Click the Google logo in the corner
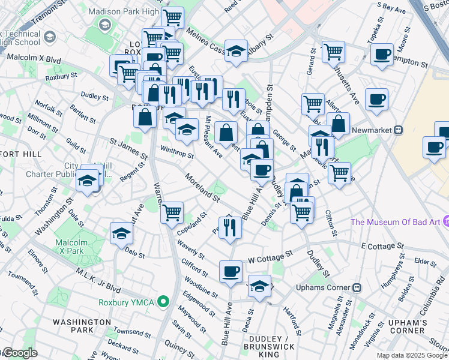pos(19,353)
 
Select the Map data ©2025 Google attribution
pos(412,355)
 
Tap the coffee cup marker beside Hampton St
pos(381,55)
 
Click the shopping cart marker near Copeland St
pos(172,212)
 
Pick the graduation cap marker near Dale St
pos(121,233)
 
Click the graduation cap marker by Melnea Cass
pos(236,51)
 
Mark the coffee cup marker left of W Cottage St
pos(230,272)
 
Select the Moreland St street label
pos(203,186)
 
